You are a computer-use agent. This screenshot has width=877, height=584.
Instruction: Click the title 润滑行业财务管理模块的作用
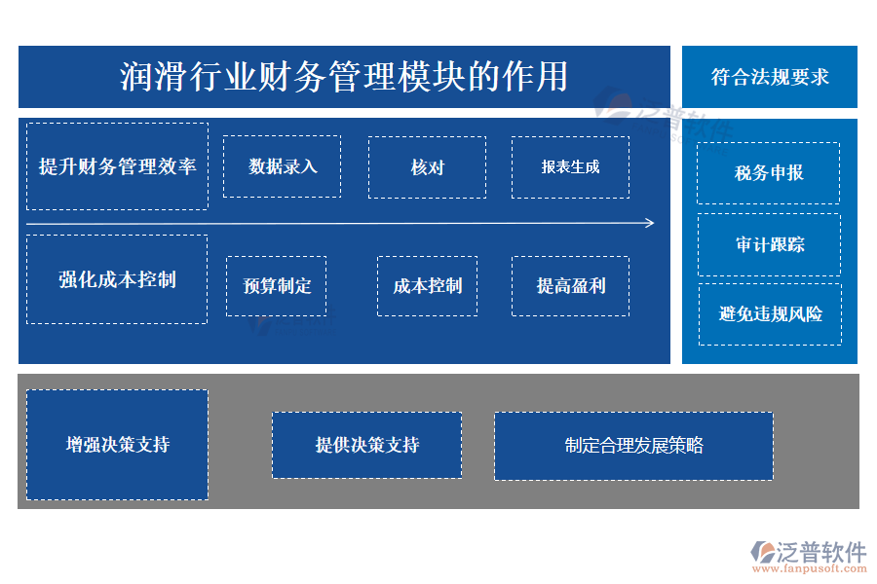344,76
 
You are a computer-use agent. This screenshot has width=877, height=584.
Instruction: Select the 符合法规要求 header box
770,77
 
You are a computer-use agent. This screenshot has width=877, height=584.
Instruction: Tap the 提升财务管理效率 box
117,166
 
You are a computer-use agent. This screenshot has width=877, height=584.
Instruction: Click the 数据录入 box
282,166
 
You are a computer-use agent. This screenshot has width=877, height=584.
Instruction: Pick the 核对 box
427,167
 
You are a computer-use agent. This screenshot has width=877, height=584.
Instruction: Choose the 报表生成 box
570,166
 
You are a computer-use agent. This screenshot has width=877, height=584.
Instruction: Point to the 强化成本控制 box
117,279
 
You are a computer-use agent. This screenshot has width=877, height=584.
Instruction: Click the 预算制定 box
277,286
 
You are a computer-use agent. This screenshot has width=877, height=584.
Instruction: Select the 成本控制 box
427,286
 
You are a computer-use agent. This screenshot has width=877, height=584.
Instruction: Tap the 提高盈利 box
570,286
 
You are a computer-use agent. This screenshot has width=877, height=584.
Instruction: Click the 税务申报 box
769,173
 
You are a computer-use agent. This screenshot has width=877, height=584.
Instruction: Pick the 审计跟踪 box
769,244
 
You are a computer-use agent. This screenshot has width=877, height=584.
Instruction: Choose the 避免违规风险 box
769,313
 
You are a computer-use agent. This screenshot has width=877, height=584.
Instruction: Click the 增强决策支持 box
117,445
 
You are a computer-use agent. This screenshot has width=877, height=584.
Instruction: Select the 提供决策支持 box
366,445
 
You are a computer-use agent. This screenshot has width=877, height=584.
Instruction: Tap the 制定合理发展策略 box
633,446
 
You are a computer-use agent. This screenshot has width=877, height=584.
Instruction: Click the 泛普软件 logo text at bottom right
820,551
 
